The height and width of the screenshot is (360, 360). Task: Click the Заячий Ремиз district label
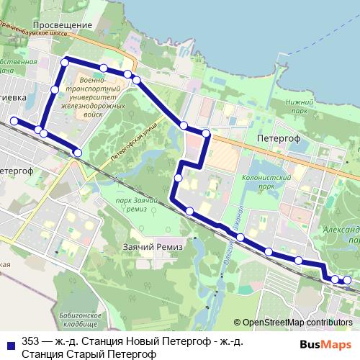click(154, 247)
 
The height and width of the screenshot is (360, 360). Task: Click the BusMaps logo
click(324, 343)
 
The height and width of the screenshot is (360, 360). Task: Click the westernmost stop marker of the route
click(13, 120)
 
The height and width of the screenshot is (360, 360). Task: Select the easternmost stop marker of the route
click(348, 280)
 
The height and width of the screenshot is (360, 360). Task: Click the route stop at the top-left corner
click(65, 63)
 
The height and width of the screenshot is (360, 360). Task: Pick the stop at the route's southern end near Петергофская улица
click(78, 152)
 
